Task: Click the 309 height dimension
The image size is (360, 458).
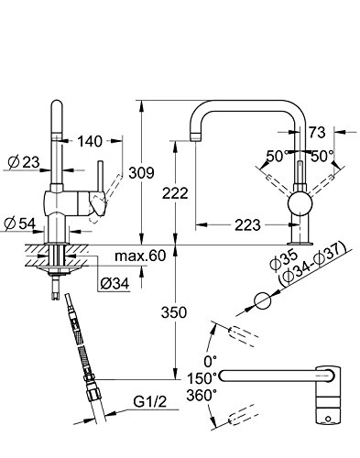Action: (141, 173)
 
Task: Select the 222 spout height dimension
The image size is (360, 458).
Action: (175, 193)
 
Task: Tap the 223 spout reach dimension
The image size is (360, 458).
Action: (247, 225)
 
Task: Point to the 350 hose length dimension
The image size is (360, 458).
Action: (174, 312)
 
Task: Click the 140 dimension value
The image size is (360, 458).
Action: (90, 141)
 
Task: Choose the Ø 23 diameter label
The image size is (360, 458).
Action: (24, 162)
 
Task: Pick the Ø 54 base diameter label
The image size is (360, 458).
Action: (20, 224)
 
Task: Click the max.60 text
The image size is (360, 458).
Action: (140, 256)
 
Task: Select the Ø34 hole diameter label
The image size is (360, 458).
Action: (115, 284)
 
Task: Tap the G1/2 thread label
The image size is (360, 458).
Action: (150, 401)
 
